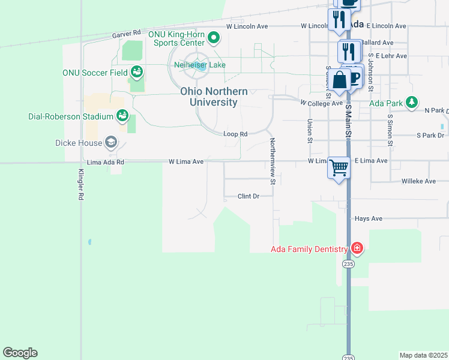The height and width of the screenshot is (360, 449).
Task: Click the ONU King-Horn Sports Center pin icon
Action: tap(214, 40)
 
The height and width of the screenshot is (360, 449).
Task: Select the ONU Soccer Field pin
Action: tap(137, 72)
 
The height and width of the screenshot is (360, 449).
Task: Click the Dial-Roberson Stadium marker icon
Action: tap(122, 115)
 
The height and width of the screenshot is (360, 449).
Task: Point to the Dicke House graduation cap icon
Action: tap(110, 142)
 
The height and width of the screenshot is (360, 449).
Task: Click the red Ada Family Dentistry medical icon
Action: tap(357, 248)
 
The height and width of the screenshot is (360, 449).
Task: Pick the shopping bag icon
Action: tap(339, 79)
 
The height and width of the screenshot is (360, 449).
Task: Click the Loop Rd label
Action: tap(235, 134)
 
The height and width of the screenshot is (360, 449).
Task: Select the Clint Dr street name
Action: tap(248, 196)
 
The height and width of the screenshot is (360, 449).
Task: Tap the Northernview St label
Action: tap(272, 161)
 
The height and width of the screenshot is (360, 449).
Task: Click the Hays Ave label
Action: tap(369, 219)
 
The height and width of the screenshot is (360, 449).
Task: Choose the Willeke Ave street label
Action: tap(418, 180)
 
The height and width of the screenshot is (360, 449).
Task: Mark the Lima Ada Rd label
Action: tap(106, 162)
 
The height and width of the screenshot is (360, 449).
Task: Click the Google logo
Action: tap(20, 353)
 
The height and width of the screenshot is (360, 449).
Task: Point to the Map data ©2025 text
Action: tap(423, 355)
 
